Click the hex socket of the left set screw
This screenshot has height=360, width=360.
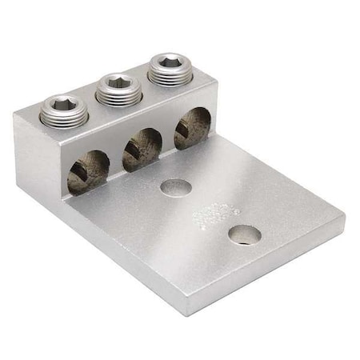point(63,103)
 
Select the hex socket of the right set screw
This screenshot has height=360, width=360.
point(170,61)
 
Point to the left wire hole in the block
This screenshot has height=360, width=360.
point(88,170)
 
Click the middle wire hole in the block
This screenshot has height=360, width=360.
point(142,148)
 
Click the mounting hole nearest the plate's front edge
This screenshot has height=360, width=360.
point(243,234)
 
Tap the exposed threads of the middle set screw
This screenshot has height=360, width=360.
point(118,96)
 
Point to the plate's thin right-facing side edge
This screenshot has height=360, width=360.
point(268,269)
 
